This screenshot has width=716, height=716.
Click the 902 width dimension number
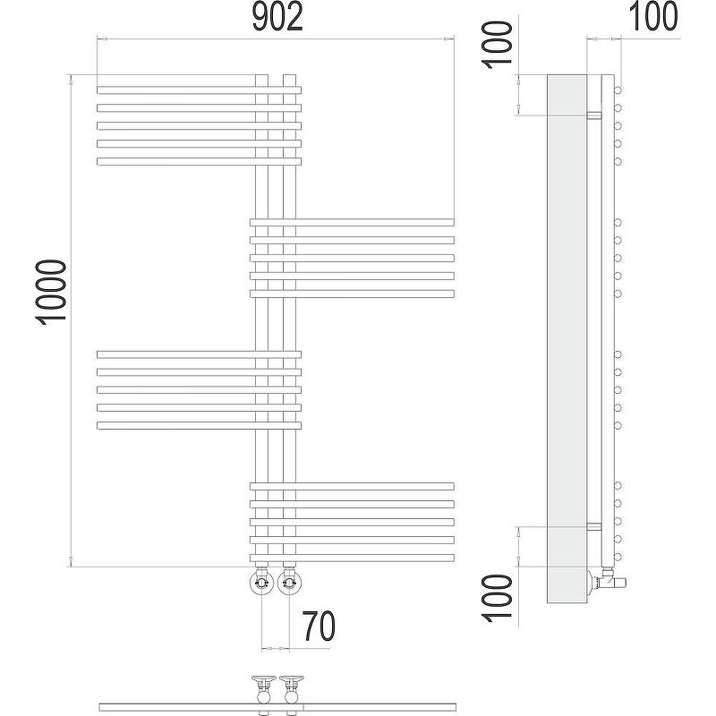click(x=277, y=18)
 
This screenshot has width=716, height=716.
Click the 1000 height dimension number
click(x=50, y=293)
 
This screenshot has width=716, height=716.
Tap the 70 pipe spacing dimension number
click(x=320, y=626)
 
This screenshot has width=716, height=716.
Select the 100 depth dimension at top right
click(x=653, y=16)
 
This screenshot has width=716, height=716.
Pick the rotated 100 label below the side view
click(x=498, y=598)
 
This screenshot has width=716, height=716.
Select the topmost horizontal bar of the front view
click(x=199, y=90)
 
